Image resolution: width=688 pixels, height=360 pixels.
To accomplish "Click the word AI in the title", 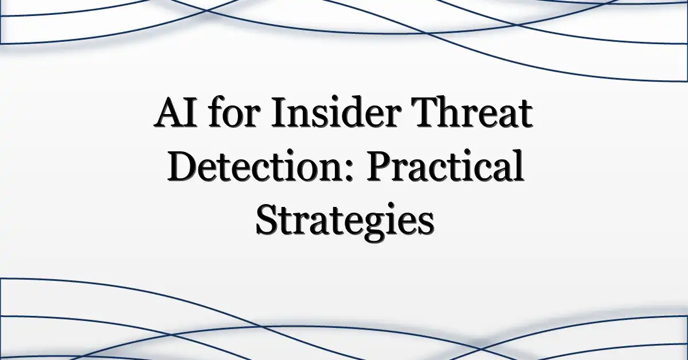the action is (175, 113).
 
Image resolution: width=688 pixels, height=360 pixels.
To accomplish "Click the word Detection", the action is (255, 165).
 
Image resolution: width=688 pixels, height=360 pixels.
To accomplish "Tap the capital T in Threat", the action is (425, 113).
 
